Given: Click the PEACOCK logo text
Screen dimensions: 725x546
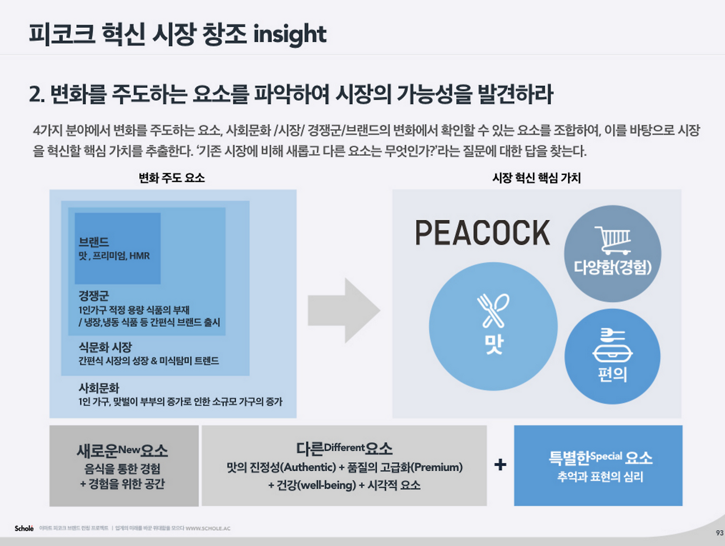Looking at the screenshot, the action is pyautogui.click(x=482, y=233).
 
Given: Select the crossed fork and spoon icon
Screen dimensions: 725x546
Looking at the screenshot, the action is pyautogui.click(x=493, y=310).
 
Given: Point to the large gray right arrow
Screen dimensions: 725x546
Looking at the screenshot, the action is pyautogui.click(x=344, y=310).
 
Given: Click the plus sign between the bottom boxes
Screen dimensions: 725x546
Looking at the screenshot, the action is pyautogui.click(x=500, y=465).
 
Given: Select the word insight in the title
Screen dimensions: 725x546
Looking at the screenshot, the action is pyautogui.click(x=289, y=35).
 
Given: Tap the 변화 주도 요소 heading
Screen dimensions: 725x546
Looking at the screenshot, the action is pyautogui.click(x=172, y=178).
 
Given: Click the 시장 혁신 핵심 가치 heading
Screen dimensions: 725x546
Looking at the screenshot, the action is pyautogui.click(x=536, y=178).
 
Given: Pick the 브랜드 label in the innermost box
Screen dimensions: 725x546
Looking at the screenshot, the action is pyautogui.click(x=93, y=242).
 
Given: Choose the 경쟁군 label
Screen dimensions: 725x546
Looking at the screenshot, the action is pyautogui.click(x=93, y=296).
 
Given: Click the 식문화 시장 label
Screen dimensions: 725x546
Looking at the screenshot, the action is pyautogui.click(x=105, y=347).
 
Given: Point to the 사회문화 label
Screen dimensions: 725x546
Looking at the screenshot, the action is pyautogui.click(x=99, y=388).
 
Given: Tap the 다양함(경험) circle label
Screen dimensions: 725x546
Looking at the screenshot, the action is pyautogui.click(x=612, y=267).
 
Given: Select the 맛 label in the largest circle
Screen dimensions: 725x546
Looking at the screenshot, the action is pyautogui.click(x=493, y=343).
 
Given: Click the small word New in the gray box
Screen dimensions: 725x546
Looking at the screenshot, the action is pyautogui.click(x=129, y=450).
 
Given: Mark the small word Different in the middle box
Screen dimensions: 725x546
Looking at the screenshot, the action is pyautogui.click(x=344, y=447).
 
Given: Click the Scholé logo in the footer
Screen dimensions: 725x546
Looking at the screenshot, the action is pyautogui.click(x=24, y=528).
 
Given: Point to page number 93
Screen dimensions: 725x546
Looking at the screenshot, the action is pyautogui.click(x=719, y=533).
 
